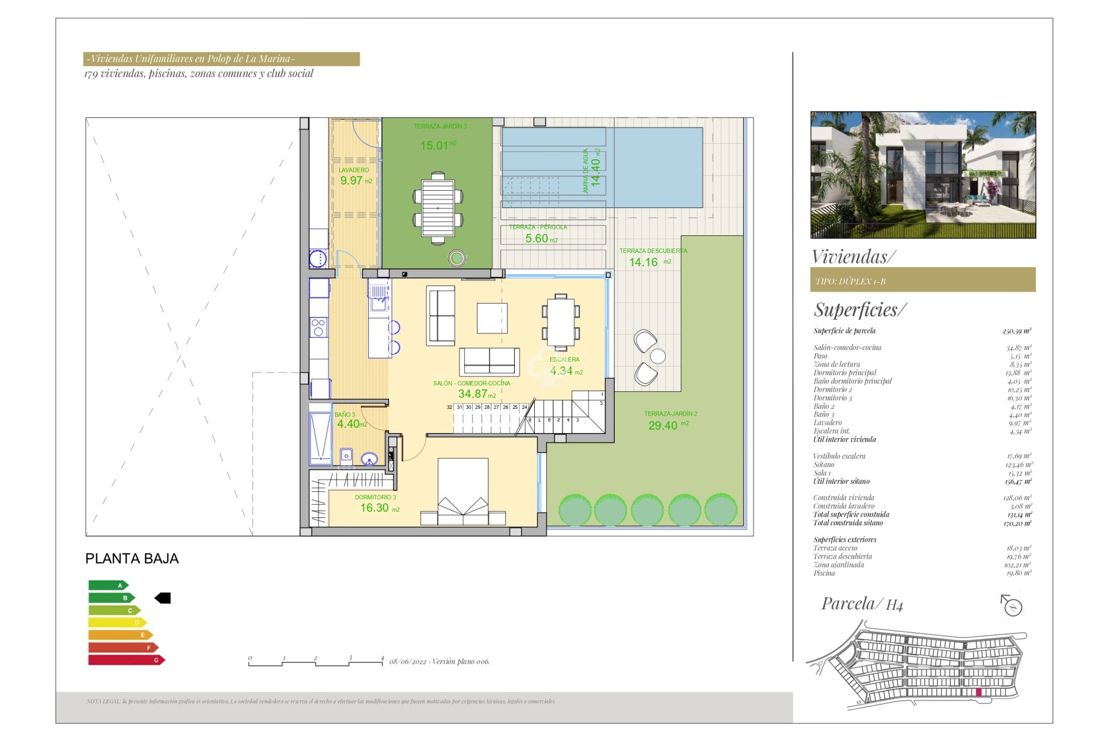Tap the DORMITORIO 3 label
(375, 497)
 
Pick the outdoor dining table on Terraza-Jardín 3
(438, 208)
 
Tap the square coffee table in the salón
(492, 318)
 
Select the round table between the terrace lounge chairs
(658, 356)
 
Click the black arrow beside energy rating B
(163, 598)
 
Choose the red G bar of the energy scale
(126, 660)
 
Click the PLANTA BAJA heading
(132, 559)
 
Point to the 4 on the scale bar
(382, 658)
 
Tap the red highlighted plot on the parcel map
(978, 693)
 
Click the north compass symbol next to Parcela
(1012, 605)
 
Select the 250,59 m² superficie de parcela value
(1016, 331)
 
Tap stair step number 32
(449, 408)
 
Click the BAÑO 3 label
(345, 415)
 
